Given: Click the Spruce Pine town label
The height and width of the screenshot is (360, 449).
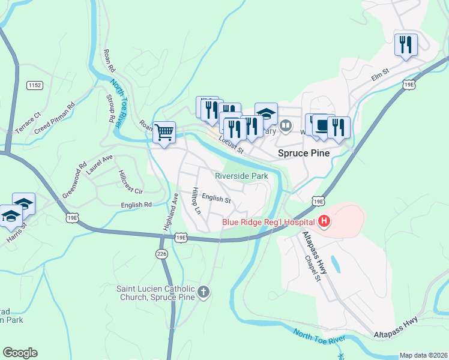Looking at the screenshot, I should (304, 153).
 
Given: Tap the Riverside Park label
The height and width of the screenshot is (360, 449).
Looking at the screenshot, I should (242, 176).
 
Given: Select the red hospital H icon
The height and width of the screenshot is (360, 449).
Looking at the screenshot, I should (325, 222).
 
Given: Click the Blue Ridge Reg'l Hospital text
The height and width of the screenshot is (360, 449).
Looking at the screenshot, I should (269, 222).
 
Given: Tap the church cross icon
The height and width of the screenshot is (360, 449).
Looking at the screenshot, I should (203, 292).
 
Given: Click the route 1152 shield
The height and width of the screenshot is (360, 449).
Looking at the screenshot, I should (35, 86).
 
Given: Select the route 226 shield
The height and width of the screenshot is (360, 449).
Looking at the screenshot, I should (160, 254).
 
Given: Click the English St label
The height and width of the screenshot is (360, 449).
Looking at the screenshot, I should (216, 198).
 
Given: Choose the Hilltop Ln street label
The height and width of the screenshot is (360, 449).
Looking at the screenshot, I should (196, 201).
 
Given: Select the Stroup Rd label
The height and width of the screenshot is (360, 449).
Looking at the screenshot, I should (110, 109).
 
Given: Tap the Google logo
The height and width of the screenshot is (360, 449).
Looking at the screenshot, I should (20, 353).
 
